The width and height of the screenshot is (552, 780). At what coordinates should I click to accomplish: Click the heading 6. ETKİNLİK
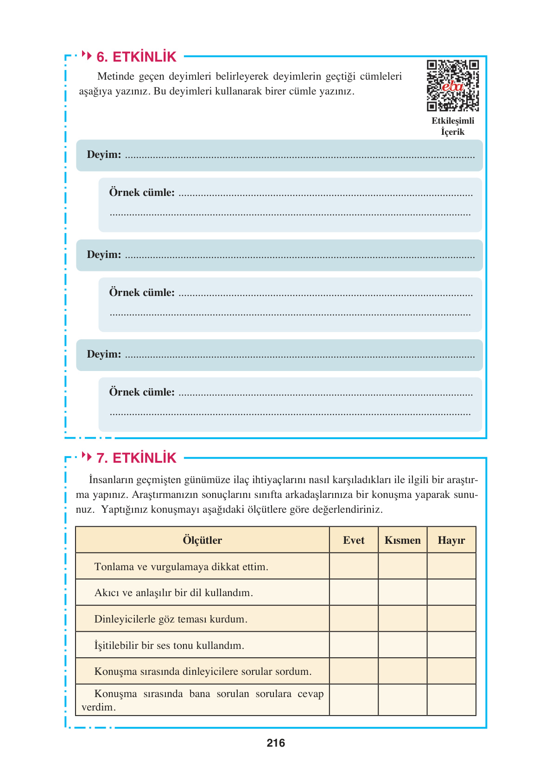point(136,57)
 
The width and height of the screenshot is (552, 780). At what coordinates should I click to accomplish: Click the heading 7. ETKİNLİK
point(136,458)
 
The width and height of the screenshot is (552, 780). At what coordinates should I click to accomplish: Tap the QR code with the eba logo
point(452,86)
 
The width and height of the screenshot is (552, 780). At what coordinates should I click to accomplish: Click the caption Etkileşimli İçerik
point(453,126)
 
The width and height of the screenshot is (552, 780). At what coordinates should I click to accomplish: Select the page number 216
point(276,743)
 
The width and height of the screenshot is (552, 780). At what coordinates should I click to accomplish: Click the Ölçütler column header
point(202,540)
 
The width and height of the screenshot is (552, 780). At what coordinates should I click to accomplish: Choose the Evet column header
point(354,540)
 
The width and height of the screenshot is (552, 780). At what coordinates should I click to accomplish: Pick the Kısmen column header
point(402,540)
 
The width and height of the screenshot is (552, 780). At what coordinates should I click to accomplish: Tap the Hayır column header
point(451,540)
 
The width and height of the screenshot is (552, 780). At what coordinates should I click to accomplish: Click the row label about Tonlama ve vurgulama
point(181,567)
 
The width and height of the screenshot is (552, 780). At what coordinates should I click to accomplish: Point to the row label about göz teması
point(171,619)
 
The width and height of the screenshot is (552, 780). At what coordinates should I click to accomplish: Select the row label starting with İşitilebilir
point(169,646)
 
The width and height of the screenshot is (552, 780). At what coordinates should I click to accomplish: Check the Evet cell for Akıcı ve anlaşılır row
point(354,592)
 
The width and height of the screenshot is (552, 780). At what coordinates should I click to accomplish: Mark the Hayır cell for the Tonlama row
point(451,566)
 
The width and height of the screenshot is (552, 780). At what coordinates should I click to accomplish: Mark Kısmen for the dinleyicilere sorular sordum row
point(402,671)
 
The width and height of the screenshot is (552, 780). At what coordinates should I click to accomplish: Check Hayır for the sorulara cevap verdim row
point(451,700)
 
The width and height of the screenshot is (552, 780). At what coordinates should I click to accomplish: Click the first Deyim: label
point(104,155)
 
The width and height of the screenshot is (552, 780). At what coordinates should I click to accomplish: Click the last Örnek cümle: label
point(142,392)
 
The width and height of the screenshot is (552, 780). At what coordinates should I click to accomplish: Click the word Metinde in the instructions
point(116,76)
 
